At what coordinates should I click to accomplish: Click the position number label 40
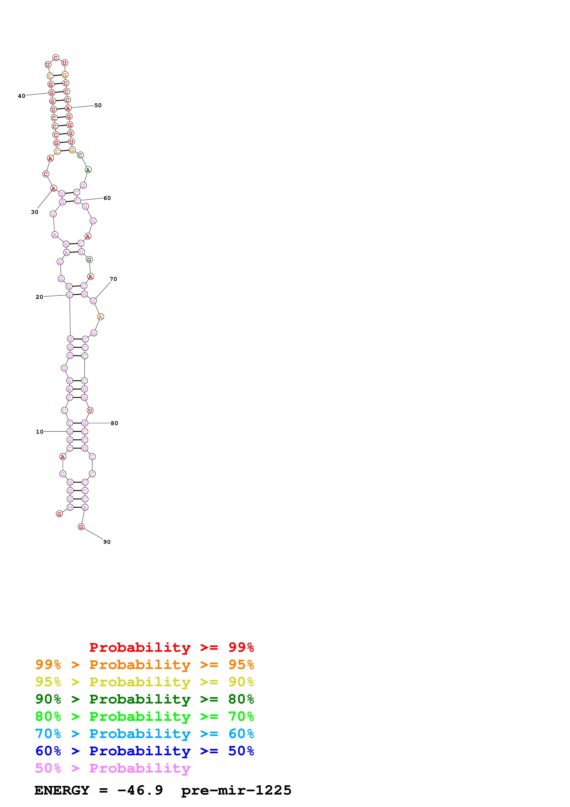(x=21, y=96)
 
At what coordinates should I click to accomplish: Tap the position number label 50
(x=98, y=105)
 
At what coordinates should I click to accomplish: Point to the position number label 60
(x=107, y=198)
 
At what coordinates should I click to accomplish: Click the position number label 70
(x=113, y=279)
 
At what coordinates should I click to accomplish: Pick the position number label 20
(x=39, y=297)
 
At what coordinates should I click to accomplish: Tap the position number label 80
(x=115, y=424)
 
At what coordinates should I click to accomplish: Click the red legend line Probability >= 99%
(x=171, y=647)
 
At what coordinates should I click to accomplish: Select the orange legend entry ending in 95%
(x=144, y=665)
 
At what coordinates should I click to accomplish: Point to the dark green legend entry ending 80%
(x=144, y=699)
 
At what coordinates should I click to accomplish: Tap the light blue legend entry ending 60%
(x=144, y=734)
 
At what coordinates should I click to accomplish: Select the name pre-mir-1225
(x=236, y=790)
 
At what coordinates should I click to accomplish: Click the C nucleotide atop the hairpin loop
(x=56, y=58)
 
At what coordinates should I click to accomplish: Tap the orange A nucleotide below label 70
(x=100, y=317)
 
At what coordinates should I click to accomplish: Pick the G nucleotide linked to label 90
(x=81, y=527)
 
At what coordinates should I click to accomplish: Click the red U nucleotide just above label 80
(x=90, y=411)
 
